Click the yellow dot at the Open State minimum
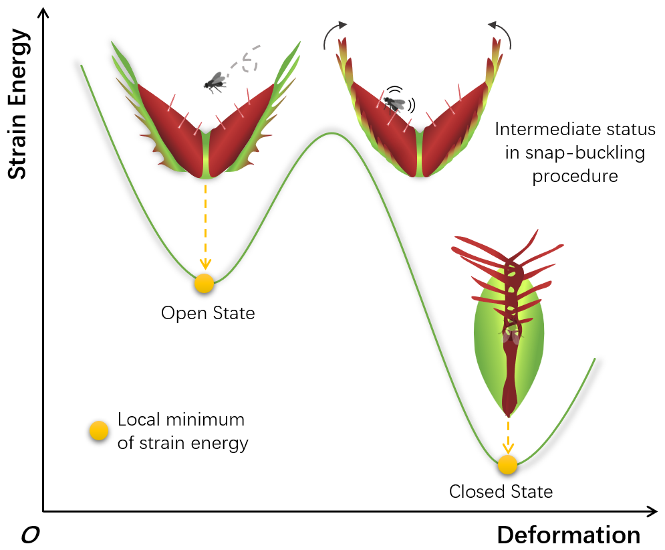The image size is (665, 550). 204,283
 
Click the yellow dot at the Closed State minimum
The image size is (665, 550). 507,464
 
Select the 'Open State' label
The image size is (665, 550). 208,312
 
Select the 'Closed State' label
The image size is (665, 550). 501,492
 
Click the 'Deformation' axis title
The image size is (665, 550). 568,535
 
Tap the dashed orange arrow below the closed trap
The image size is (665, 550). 508,435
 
